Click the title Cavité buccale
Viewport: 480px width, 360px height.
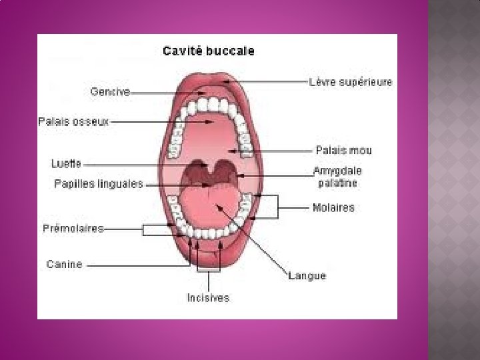coord(209,51)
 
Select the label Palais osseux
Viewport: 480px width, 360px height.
coord(73,122)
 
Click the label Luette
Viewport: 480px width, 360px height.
coord(67,163)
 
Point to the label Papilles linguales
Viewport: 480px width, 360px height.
coord(99,184)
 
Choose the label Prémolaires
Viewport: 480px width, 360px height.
coord(73,229)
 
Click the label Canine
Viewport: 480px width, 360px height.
coord(65,264)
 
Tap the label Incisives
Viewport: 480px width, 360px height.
coord(208,298)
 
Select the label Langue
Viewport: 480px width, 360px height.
coord(307,275)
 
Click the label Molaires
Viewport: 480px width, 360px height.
coord(333,207)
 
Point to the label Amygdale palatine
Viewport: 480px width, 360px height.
coord(337,177)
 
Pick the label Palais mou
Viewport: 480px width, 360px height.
coord(343,150)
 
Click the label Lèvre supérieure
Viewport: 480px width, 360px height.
coord(351,83)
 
